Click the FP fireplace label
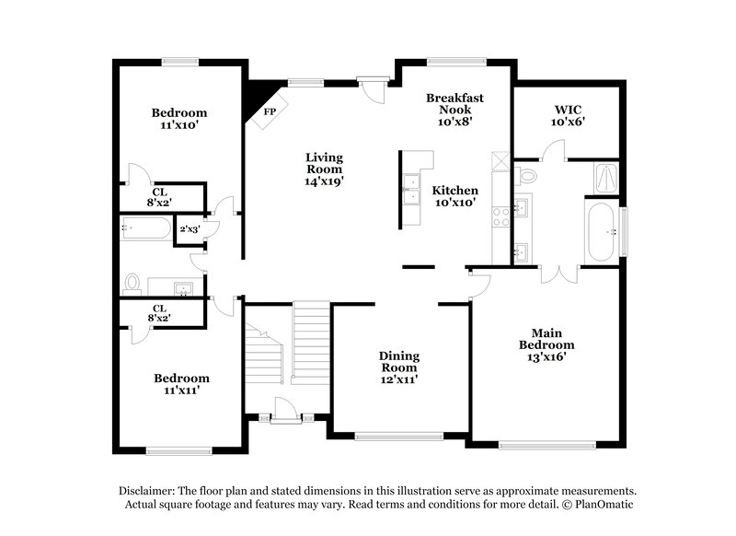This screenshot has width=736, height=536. pyautogui.click(x=270, y=112)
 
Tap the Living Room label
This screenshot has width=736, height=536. pyautogui.click(x=324, y=169)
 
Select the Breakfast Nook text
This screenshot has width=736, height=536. pyautogui.click(x=454, y=109)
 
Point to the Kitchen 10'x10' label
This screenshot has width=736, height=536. pyautogui.click(x=454, y=195)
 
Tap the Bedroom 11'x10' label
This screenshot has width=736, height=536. pyautogui.click(x=179, y=119)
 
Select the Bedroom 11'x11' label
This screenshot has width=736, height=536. pyautogui.click(x=181, y=384)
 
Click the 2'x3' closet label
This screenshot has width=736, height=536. pyautogui.click(x=190, y=229)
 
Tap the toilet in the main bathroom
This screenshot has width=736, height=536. pyautogui.click(x=527, y=175)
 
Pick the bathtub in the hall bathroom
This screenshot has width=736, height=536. pyautogui.click(x=145, y=227)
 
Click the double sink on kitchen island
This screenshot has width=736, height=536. pyautogui.click(x=410, y=191)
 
